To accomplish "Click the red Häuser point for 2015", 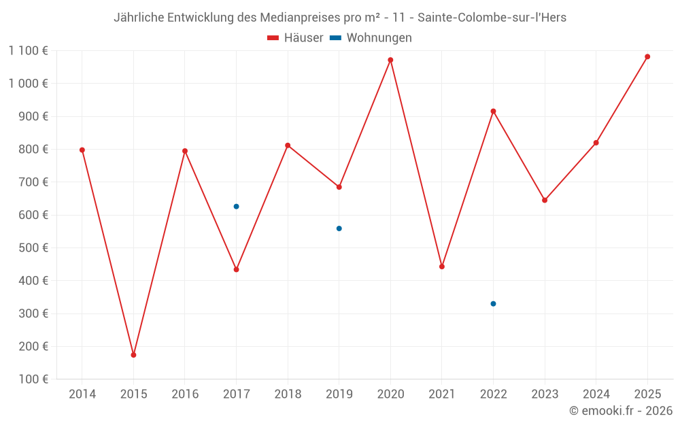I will (x=133, y=355).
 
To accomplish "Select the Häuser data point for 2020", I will (x=390, y=60).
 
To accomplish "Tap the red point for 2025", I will (x=647, y=56).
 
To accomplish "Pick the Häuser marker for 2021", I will (x=442, y=267).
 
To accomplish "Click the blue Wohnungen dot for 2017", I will (x=236, y=207).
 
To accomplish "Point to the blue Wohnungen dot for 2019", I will (x=339, y=228).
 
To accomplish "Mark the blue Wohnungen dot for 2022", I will (x=493, y=304).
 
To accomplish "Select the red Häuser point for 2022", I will (x=493, y=112).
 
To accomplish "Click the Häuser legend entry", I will (x=295, y=38).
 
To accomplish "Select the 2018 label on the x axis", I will (x=288, y=394).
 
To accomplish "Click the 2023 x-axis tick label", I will (x=545, y=394).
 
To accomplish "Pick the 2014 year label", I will (x=82, y=394).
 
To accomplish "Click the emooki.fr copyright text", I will (x=620, y=411).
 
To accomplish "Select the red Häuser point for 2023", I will (x=545, y=200).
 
